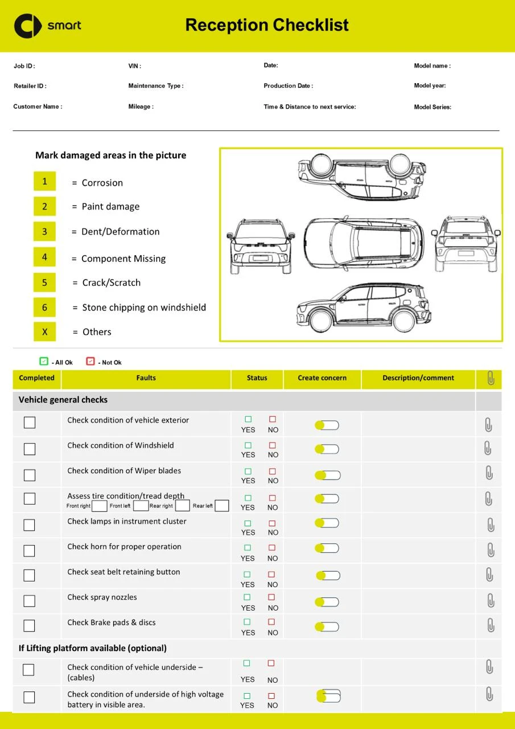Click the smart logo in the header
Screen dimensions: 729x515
coord(48,26)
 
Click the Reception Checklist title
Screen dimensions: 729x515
coord(267,25)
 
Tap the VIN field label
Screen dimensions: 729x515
coord(135,66)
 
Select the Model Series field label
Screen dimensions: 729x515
coord(432,107)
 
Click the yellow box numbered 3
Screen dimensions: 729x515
coord(44,232)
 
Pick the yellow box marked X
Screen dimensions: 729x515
coord(44,331)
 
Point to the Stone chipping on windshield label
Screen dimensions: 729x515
coord(144,308)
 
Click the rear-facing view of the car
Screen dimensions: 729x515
coord(466,244)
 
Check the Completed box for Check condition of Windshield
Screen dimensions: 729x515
coord(30,449)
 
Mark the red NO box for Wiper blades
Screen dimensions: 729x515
coord(273,471)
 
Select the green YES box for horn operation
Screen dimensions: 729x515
coord(248,548)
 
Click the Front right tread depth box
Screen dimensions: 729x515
coord(99,506)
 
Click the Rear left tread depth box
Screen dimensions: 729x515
coord(222,506)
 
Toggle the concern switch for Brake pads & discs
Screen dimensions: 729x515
coord(327,626)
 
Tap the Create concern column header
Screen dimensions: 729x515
coord(322,378)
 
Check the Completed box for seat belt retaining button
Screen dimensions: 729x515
coord(30,575)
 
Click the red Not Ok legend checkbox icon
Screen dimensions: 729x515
coord(90,361)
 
